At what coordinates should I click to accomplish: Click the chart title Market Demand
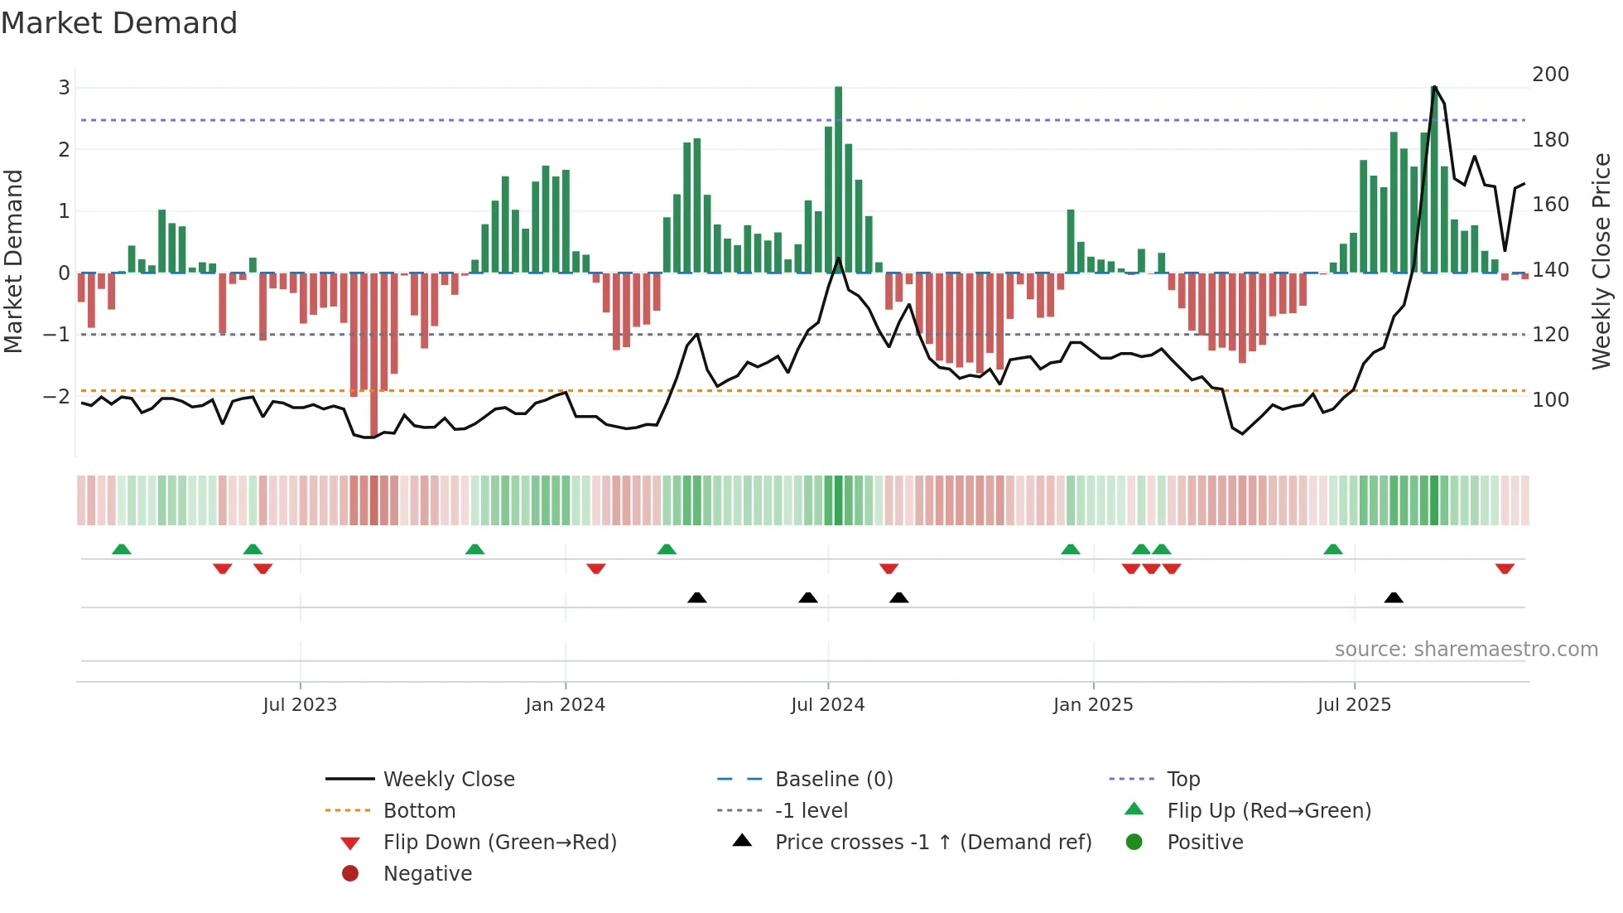119,23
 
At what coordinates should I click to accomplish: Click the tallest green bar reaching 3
838,178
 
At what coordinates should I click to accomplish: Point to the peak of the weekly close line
1434,87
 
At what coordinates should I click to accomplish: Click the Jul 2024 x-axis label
827,705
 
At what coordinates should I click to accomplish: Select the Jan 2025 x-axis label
1093,705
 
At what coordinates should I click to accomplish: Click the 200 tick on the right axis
1550,75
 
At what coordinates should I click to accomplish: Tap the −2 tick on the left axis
56,397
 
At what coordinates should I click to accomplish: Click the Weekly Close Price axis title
1601,261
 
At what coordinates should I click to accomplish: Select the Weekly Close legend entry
449,780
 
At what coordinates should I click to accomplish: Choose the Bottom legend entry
419,811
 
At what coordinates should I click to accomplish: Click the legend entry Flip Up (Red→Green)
1269,811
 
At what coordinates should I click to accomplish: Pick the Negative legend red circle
350,874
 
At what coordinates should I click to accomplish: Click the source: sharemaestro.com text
1466,650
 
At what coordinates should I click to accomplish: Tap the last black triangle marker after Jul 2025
1394,597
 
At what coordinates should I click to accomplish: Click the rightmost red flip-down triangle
1505,568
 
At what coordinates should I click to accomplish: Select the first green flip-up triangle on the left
122,549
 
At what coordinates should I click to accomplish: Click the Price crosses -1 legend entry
933,843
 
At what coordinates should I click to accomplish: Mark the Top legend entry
1183,780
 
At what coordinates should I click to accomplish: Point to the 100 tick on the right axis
1550,400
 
